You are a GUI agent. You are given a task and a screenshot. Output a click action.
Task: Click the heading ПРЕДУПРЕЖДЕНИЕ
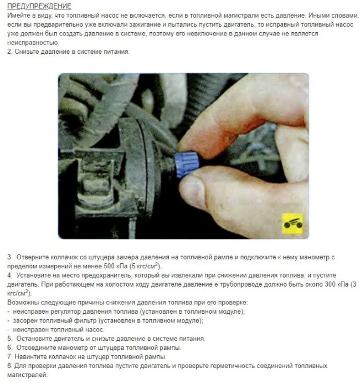click(x=39, y=6)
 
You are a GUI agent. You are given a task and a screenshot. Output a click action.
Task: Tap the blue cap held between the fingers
click(x=187, y=165)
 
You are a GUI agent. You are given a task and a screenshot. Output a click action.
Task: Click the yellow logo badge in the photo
click(x=292, y=224)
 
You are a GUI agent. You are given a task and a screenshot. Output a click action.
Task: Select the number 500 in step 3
click(x=109, y=266)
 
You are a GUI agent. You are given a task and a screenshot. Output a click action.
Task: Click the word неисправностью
click(x=33, y=43)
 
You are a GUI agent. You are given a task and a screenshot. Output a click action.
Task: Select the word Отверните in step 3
click(x=33, y=257)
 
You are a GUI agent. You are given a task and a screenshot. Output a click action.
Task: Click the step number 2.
click(x=10, y=52)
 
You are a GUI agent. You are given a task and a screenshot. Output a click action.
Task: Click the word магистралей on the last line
click(x=27, y=375)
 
